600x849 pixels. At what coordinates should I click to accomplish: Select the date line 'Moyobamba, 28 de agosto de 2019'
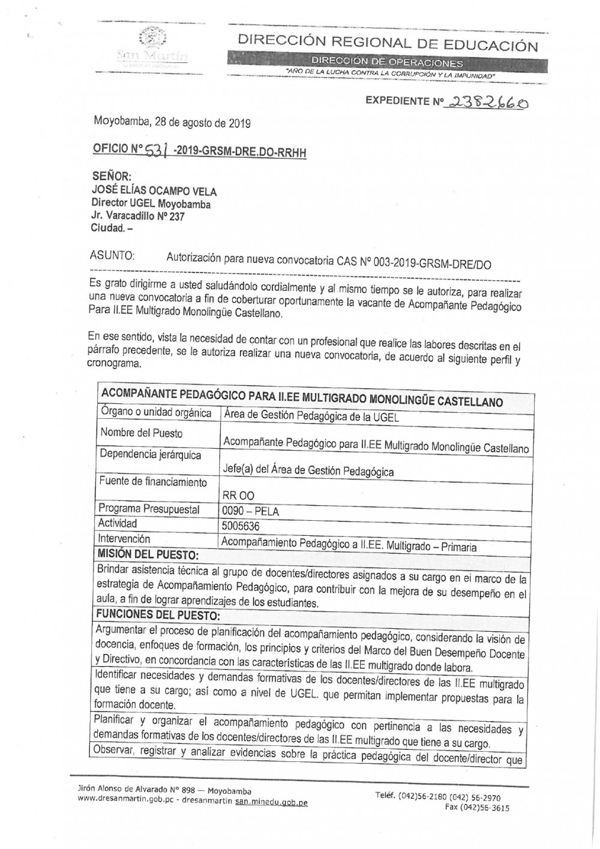pyautogui.click(x=172, y=122)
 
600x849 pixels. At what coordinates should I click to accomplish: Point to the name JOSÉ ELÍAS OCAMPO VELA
pyautogui.click(x=154, y=191)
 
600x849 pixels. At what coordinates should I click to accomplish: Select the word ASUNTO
pyautogui.click(x=112, y=256)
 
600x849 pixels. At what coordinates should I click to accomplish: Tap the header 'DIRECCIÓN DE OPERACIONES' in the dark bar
pyautogui.click(x=386, y=62)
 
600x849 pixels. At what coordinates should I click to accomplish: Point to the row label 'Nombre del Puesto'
pyautogui.click(x=142, y=433)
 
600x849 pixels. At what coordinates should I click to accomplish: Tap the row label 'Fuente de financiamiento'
pyautogui.click(x=153, y=482)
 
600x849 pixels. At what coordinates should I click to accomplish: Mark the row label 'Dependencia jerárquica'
pyautogui.click(x=151, y=455)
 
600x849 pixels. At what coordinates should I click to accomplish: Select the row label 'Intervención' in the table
pyautogui.click(x=125, y=539)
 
